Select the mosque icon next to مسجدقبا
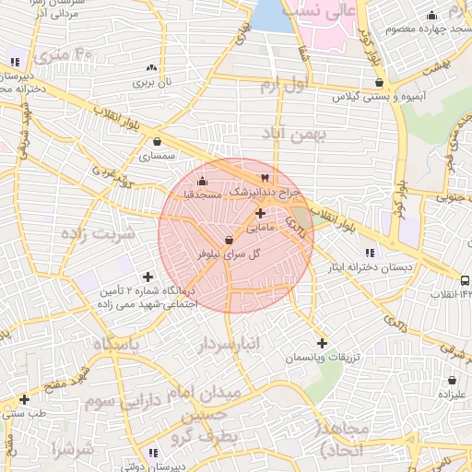(203, 181)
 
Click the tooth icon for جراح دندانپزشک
(265, 178)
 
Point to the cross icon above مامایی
(260, 213)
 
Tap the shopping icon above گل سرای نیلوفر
(229, 240)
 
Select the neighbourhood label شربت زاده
(98, 232)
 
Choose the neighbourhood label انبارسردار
(230, 345)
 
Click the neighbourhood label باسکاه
(114, 344)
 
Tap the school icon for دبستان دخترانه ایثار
(370, 253)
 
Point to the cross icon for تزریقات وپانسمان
(322, 343)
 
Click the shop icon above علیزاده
(452, 380)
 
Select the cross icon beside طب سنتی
(24, 399)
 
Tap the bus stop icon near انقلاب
(465, 280)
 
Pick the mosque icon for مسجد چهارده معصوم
(431, 15)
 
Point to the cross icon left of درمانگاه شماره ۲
(147, 277)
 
